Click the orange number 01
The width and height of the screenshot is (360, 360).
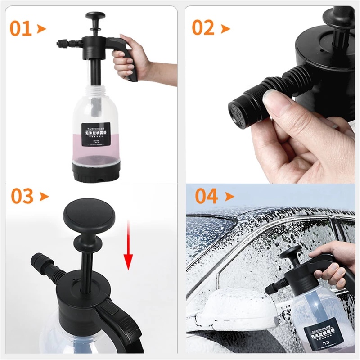click(21, 28)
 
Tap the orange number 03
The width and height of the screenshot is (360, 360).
click(22, 196)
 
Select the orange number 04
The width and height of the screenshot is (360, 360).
click(207, 196)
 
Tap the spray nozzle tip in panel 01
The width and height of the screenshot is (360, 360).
click(58, 44)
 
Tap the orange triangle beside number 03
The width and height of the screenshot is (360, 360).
click(44, 197)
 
